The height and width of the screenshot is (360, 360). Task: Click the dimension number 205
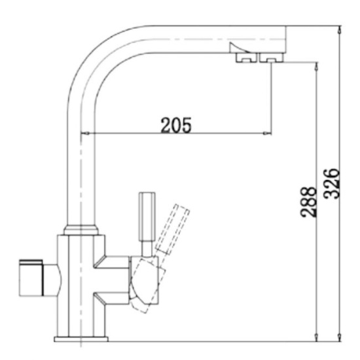[x=176, y=126]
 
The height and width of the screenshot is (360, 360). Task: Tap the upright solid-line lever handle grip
[x=147, y=216]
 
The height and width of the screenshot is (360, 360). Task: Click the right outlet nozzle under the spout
[x=270, y=60]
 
